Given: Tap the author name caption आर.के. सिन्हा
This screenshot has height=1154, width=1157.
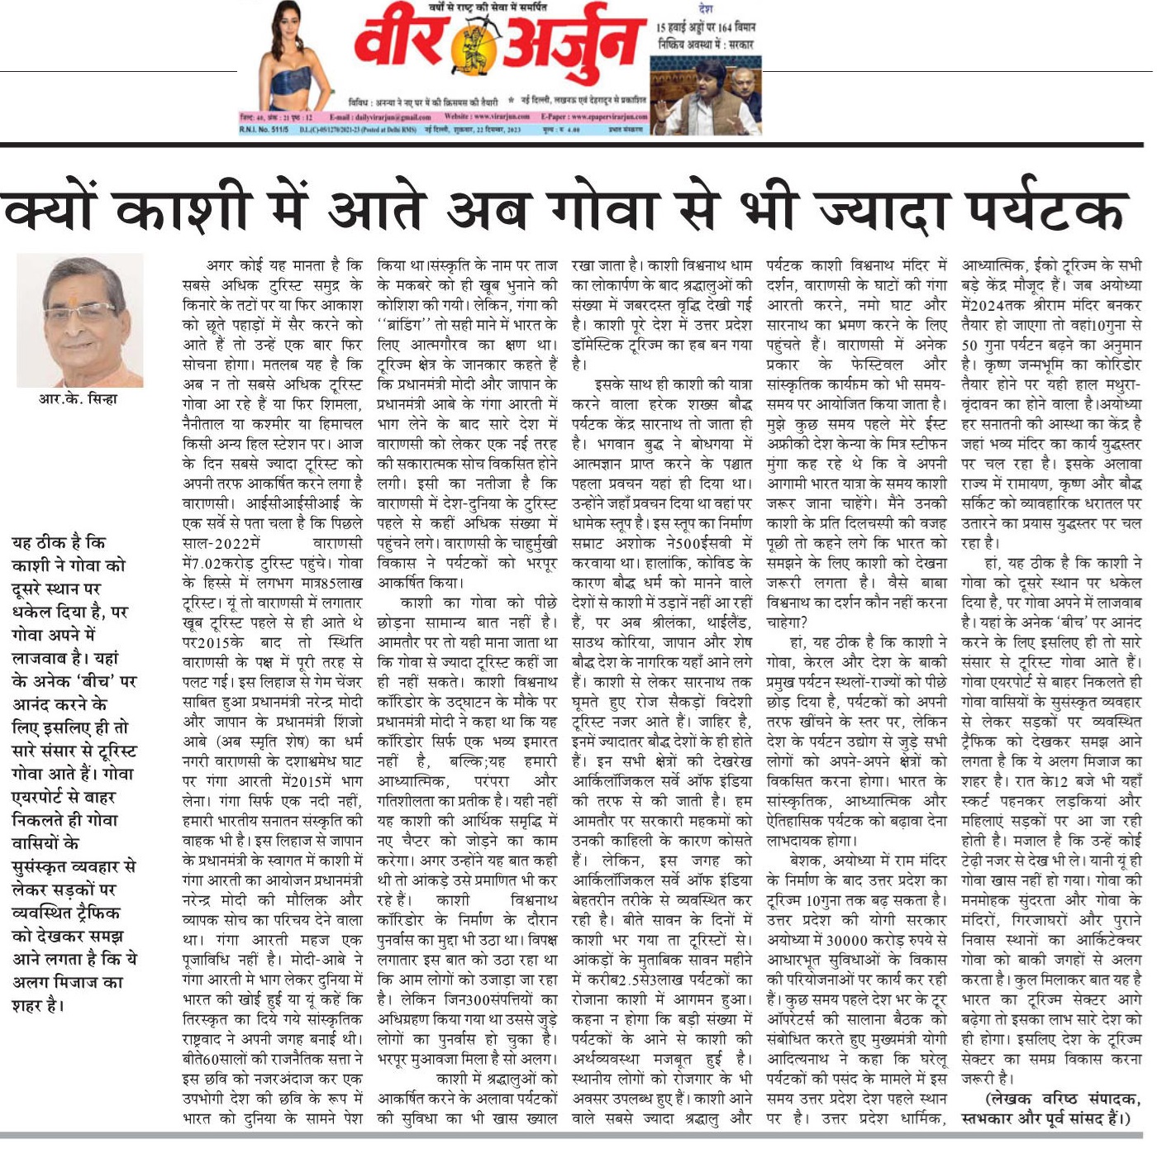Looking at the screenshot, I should point(79,399).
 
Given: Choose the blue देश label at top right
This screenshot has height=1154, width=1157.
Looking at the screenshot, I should point(705,9).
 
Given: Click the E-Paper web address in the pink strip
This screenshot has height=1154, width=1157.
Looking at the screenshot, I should point(594,117).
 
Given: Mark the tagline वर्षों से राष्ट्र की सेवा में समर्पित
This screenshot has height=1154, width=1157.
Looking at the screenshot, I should point(488,7).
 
